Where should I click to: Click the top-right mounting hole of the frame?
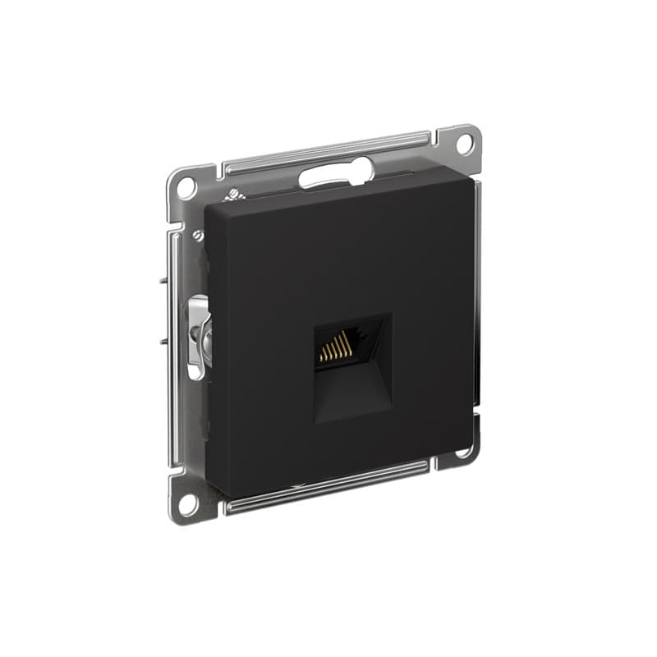462,141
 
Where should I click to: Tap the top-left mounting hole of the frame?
185,186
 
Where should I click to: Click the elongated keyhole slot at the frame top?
335,173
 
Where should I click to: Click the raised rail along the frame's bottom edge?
328,485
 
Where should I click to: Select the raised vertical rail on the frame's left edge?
172,345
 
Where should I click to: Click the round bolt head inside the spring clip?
205,333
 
